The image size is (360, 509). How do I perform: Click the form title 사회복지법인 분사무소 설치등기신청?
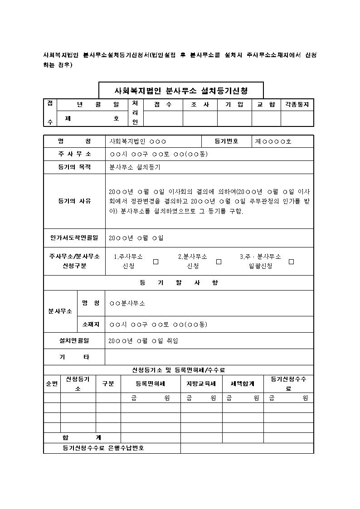pyautogui.click(x=181, y=90)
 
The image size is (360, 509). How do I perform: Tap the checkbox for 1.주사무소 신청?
pyautogui.click(x=156, y=262)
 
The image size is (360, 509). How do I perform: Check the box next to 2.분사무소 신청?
pyautogui.click(x=219, y=262)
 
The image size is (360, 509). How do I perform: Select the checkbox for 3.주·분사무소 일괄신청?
pyautogui.click(x=291, y=262)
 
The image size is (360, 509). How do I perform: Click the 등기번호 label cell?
pyautogui.click(x=226, y=141)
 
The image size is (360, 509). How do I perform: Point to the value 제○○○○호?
pyautogui.click(x=273, y=141)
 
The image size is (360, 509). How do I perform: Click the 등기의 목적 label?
pyautogui.click(x=74, y=167)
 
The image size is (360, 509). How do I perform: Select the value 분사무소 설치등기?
pyautogui.click(x=135, y=167)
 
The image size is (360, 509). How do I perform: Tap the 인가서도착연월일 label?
pyautogui.click(x=74, y=238)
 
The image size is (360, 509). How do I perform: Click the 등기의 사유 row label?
pyautogui.click(x=74, y=201)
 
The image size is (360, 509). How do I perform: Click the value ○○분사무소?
pyautogui.click(x=127, y=303)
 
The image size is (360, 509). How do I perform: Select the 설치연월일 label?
pyautogui.click(x=74, y=340)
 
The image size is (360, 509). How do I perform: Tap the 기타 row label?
pyautogui.click(x=74, y=357)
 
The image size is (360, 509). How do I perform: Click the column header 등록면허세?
pyautogui.click(x=150, y=383)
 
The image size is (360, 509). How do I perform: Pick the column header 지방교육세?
pyautogui.click(x=201, y=383)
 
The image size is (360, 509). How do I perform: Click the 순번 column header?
pyautogui.click(x=52, y=383)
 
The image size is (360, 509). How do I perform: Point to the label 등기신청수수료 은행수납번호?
pyautogui.click(x=103, y=448)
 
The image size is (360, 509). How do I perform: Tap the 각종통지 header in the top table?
pyautogui.click(x=297, y=105)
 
